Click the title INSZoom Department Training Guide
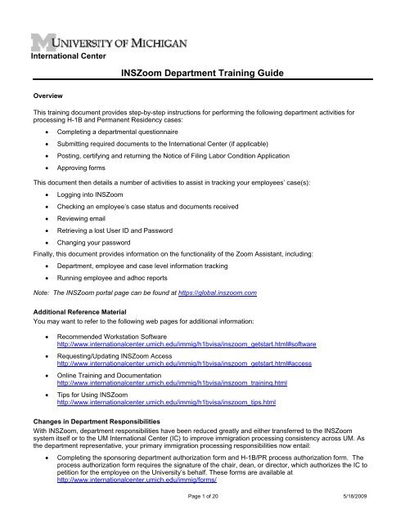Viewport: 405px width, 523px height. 201,74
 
